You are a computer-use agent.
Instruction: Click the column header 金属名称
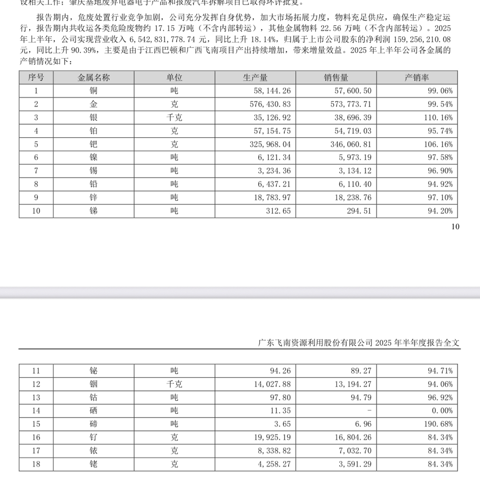[94, 78]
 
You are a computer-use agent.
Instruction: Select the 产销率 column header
[417, 78]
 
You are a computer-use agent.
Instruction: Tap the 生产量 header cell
[255, 78]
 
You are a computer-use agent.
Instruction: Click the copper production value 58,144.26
[271, 91]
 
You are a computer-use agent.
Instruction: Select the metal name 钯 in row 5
[94, 144]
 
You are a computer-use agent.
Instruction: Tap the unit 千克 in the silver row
[174, 118]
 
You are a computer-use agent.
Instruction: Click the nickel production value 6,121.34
[274, 157]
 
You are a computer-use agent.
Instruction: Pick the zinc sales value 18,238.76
[352, 197]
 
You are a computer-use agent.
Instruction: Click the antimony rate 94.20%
[440, 211]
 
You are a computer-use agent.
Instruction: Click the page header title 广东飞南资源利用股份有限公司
[315, 343]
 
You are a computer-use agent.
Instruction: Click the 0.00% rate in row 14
[442, 411]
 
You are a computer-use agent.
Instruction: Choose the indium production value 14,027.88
[271, 384]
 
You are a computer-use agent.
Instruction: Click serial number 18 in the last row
[36, 464]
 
